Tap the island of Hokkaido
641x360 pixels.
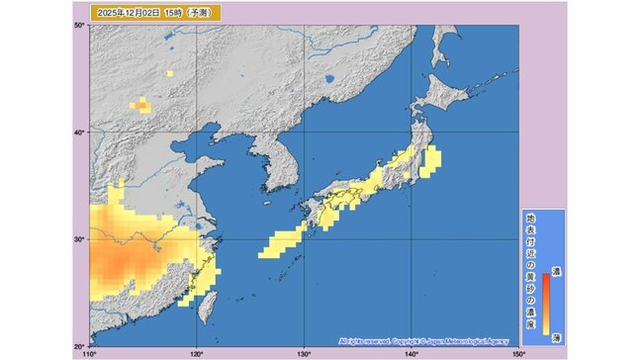(440, 94)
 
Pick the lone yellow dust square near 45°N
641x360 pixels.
(169, 73)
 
